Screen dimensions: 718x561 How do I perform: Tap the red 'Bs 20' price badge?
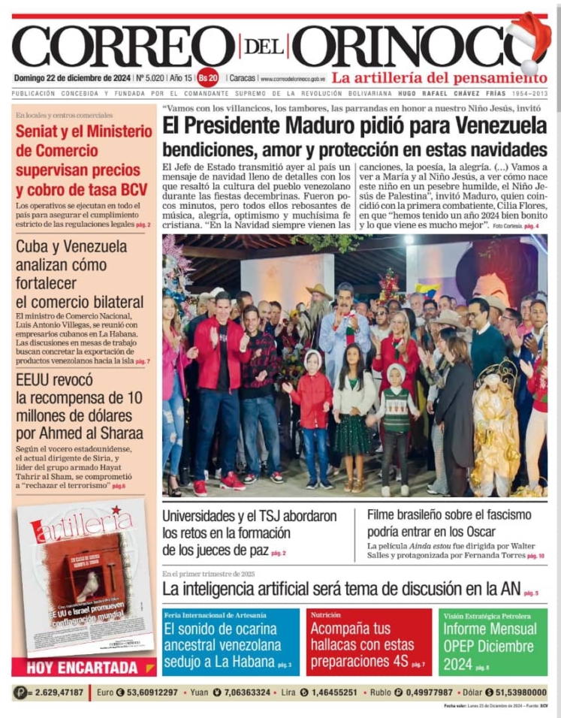click(x=208, y=77)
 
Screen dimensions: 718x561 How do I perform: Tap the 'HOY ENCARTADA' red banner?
click(x=83, y=667)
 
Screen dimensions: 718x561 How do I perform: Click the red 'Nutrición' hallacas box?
click(x=369, y=642)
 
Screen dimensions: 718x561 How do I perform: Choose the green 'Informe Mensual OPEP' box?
click(x=493, y=642)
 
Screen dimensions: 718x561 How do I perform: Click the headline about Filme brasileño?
click(x=449, y=523)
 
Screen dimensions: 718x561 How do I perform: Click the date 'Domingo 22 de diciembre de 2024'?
click(x=71, y=77)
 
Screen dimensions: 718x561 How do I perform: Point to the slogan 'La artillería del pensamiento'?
click(x=440, y=77)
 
